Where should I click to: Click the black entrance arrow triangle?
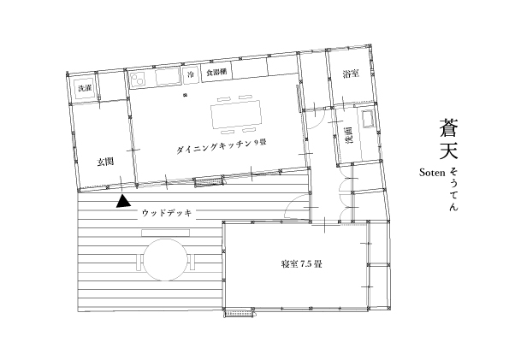[123, 202]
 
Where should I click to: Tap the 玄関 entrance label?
[105, 162]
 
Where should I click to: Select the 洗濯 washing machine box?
[85, 88]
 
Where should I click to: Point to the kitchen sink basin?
[168, 77]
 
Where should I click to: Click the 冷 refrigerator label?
[191, 74]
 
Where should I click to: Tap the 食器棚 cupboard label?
[216, 73]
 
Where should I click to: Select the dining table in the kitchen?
[236, 114]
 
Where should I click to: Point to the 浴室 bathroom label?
[351, 74]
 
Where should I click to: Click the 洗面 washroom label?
[349, 135]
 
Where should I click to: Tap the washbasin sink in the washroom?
[368, 119]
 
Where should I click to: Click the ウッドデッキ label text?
[167, 213]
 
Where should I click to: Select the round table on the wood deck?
[166, 260]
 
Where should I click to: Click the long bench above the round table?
[166, 233]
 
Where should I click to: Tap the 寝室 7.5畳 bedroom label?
[302, 264]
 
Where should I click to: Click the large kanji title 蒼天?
[448, 139]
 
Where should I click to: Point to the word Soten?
[432, 173]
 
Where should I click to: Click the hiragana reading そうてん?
[453, 190]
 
